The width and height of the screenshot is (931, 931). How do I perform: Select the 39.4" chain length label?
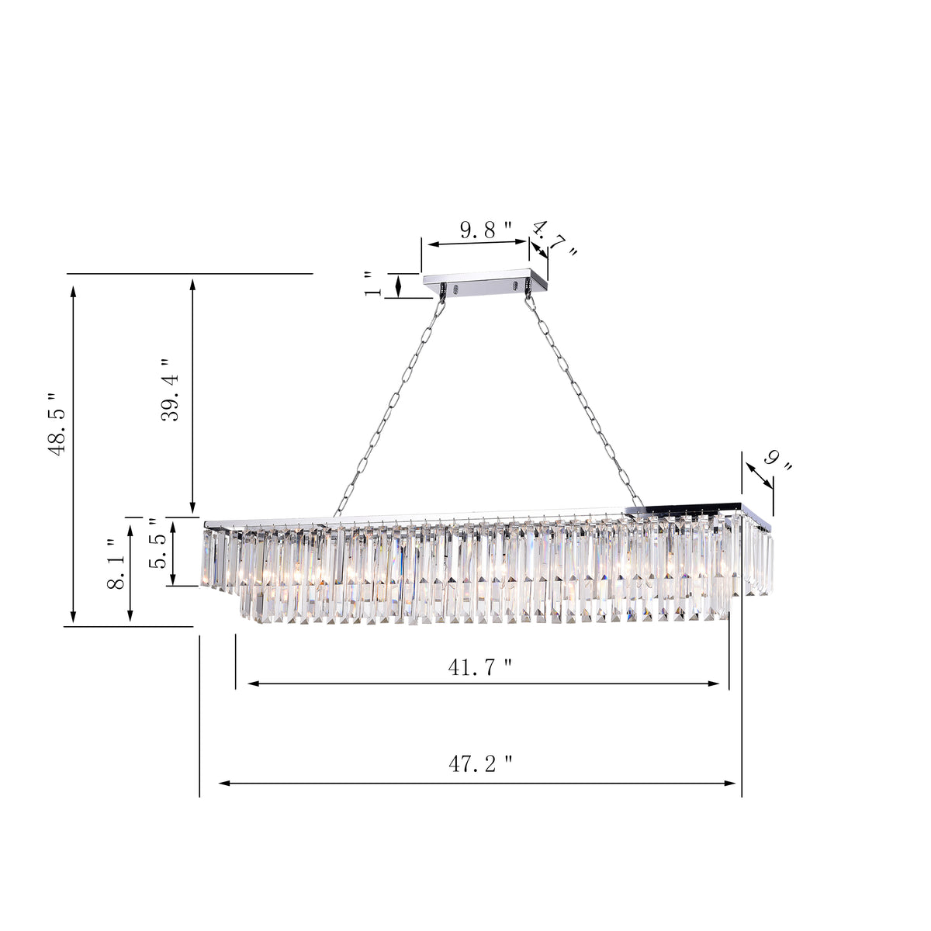[170, 390]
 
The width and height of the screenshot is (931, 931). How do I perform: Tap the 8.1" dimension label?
[116, 564]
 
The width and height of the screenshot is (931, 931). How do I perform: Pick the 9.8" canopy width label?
[486, 230]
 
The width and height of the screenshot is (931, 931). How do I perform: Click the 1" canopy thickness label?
[374, 285]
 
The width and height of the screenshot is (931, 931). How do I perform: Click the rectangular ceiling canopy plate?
[485, 279]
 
